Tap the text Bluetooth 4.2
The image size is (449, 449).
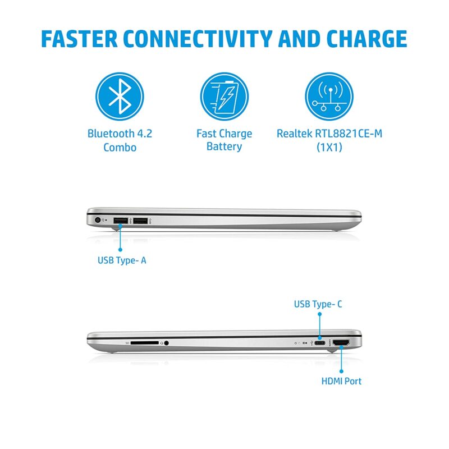coord(120,134)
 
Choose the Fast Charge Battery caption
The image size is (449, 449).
coord(224,140)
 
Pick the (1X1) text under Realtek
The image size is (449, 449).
coord(329,147)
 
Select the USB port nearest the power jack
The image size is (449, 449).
coord(120,221)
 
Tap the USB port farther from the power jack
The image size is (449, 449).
coord(140,221)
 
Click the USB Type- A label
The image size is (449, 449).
coord(122,260)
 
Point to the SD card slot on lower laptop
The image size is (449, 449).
coord(145,342)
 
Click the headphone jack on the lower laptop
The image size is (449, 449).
coord(166,342)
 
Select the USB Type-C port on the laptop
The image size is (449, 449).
coord(319,342)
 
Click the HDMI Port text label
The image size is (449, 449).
coord(341,381)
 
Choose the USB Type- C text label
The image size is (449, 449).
coord(318,304)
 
